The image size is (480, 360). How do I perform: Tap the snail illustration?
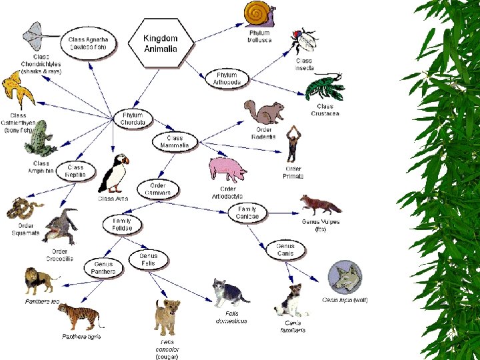coord(259,14)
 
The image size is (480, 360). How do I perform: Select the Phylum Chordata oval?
coord(133,119)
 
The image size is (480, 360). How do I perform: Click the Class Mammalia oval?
coord(175,141)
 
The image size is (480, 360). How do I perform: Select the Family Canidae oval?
coord(247,213)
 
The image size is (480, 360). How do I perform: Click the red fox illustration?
coord(319,205)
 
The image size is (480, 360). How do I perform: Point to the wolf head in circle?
coord(345,278)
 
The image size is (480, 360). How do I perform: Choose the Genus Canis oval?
coord(285,249)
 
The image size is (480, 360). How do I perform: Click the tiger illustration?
coord(80,317)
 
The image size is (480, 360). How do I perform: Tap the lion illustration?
coord(40,281)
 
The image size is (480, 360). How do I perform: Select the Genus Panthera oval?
coord(103,268)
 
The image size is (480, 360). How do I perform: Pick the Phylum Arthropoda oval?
coord(226,79)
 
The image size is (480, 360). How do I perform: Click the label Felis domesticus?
coord(231,317)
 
